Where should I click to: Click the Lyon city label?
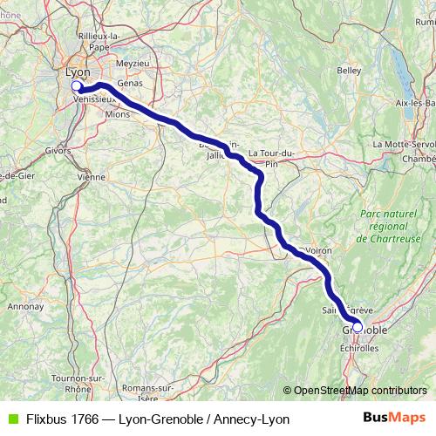(x=78, y=72)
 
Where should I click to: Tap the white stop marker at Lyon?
(x=76, y=86)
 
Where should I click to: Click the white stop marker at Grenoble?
(x=357, y=330)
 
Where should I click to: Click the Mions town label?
(x=116, y=113)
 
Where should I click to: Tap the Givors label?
(x=57, y=149)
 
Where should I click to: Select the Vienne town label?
(x=91, y=176)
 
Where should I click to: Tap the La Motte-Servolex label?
(x=402, y=143)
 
